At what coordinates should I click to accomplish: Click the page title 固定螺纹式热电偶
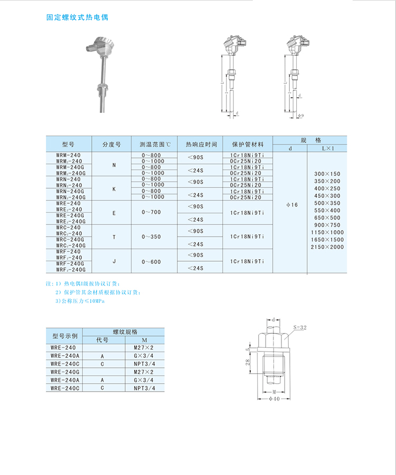pyautogui.click(x=77, y=17)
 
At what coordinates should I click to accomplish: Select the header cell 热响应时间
pyautogui.click(x=201, y=144)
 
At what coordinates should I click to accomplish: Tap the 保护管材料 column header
pyautogui.click(x=246, y=144)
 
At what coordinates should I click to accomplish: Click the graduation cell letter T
pyautogui.click(x=114, y=237)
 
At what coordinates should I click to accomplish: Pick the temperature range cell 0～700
pyautogui.click(x=153, y=212)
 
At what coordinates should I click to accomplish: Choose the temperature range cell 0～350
pyautogui.click(x=153, y=237)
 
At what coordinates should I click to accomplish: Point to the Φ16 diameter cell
pyautogui.click(x=290, y=204)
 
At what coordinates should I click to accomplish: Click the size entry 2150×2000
pyautogui.click(x=327, y=247)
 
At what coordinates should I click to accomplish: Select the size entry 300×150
pyautogui.click(x=327, y=174)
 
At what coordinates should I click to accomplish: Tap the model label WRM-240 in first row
pyautogui.click(x=69, y=155)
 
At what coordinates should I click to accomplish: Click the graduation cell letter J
pyautogui.click(x=114, y=261)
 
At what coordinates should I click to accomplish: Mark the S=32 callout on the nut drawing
pyautogui.click(x=299, y=327)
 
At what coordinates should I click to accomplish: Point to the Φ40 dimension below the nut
pyautogui.click(x=274, y=399)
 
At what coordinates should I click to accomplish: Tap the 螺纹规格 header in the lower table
pyautogui.click(x=125, y=332)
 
